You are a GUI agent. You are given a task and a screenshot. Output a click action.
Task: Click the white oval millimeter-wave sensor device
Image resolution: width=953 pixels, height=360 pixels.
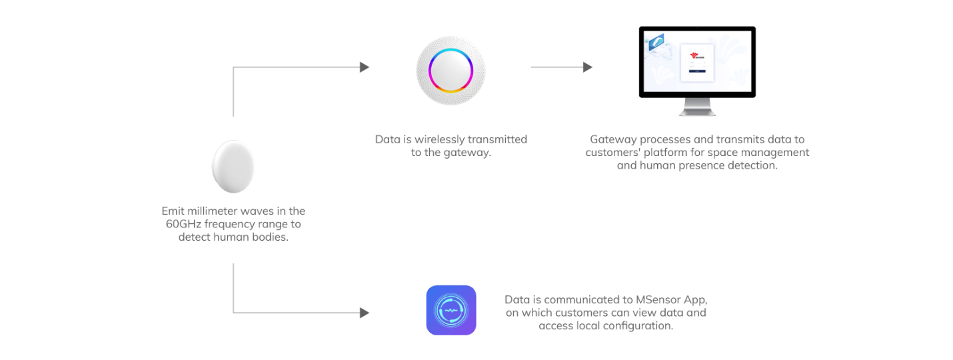click(233, 166)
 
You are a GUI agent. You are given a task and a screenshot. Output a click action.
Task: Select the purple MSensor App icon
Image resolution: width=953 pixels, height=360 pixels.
click(451, 310)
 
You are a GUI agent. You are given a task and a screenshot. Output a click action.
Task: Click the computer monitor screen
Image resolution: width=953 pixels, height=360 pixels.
click(697, 61)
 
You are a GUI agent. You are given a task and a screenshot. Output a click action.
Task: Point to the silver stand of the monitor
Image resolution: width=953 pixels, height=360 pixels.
click(696, 105)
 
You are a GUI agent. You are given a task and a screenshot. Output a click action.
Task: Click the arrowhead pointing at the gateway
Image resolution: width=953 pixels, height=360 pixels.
click(364, 67)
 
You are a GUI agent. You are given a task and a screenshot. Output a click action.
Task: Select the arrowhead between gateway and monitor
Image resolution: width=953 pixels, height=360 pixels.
click(587, 67)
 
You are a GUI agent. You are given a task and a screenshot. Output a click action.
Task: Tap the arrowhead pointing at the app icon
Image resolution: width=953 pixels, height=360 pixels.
click(364, 312)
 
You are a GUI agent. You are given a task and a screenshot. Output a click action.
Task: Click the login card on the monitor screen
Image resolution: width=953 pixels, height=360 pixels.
click(697, 63)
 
